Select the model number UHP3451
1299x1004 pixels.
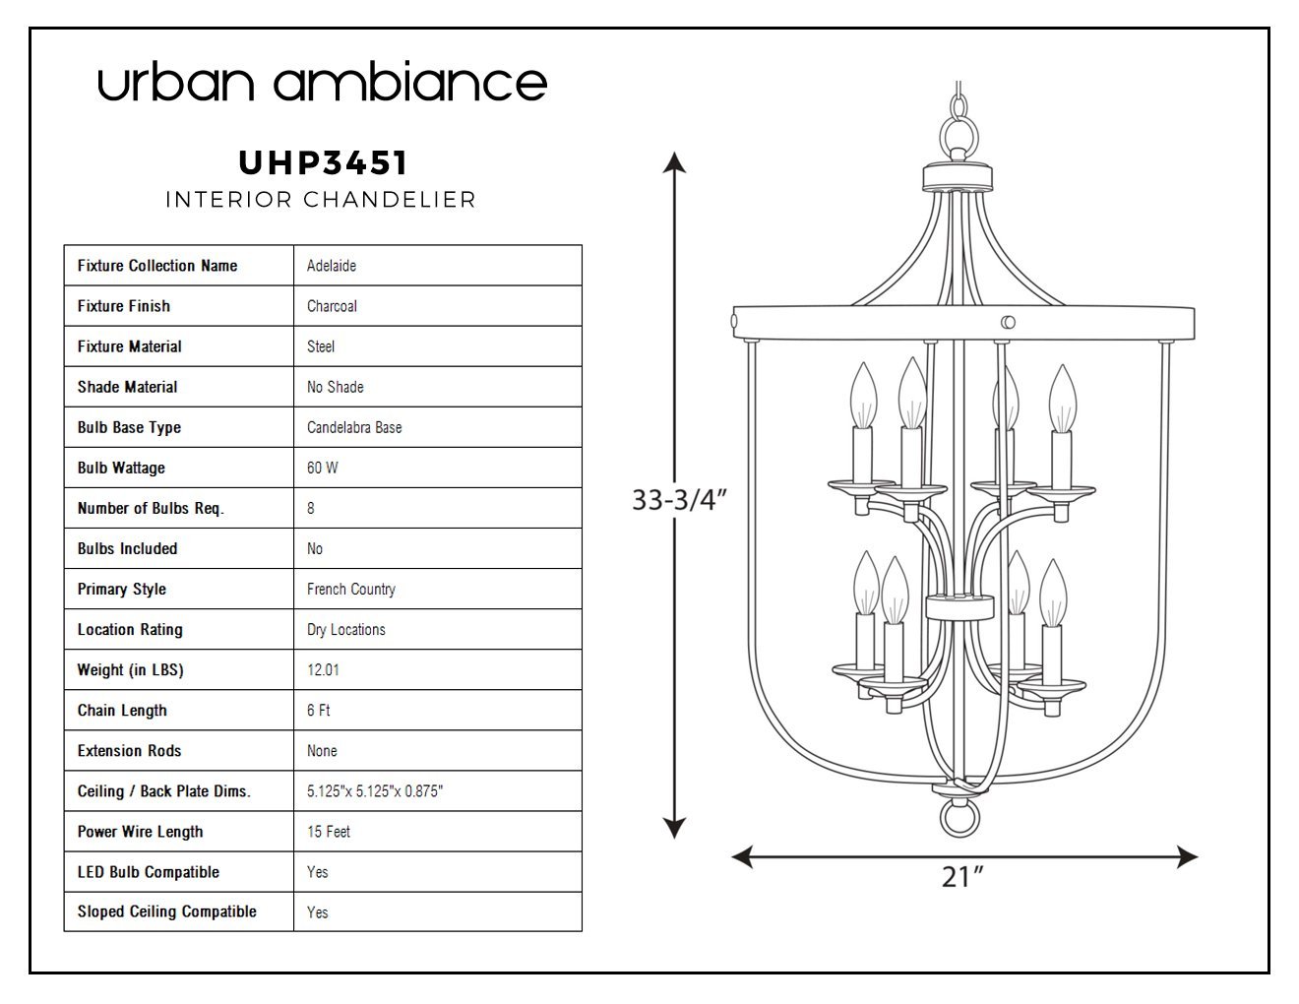[323, 162]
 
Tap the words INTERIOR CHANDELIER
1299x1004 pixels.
[320, 200]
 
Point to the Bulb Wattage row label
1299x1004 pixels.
[121, 468]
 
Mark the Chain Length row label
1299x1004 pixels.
[122, 710]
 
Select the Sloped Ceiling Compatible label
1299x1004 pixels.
[167, 911]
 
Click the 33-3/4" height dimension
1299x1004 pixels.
[678, 500]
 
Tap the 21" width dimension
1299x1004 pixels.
[962, 876]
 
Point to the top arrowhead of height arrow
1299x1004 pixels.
[673, 161]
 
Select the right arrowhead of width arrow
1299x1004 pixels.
[1188, 857]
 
